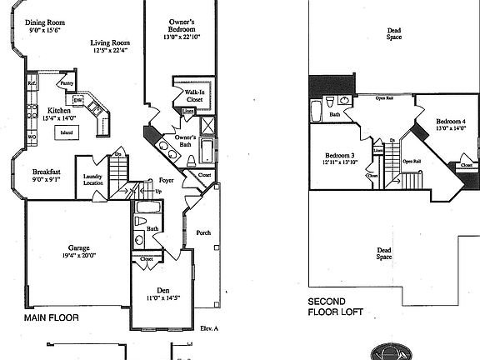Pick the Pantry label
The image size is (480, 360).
click(x=67, y=83)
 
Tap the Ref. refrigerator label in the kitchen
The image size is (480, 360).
click(x=31, y=83)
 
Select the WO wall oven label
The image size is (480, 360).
click(x=31, y=136)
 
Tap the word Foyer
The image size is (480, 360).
click(x=167, y=180)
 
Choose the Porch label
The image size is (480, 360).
click(x=202, y=233)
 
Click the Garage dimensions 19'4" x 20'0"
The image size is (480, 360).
click(x=79, y=257)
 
